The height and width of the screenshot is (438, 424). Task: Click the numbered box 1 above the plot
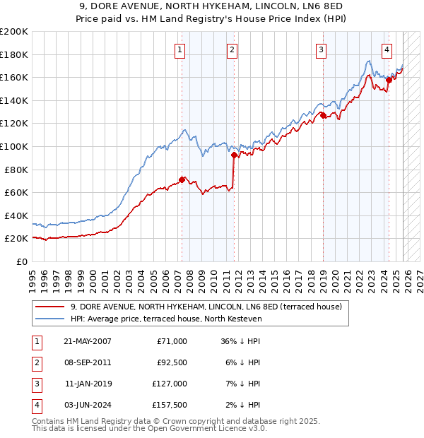pyautogui.click(x=181, y=49)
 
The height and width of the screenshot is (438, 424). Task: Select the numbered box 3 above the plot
pyautogui.click(x=321, y=49)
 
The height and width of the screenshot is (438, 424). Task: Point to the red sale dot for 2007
pyautogui.click(x=182, y=179)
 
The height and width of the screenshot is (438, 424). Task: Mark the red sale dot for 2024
pyautogui.click(x=389, y=80)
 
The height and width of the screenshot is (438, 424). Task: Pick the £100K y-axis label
pyautogui.click(x=15, y=146)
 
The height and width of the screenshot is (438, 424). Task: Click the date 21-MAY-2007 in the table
pyautogui.click(x=87, y=341)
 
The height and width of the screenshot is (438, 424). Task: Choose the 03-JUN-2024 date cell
pyautogui.click(x=87, y=405)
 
